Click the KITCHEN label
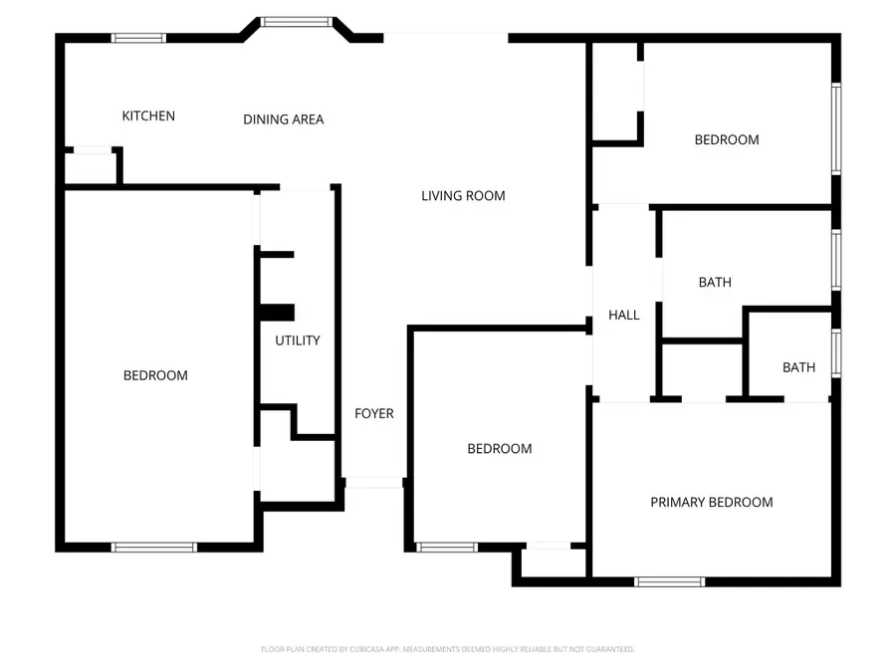coord(148,115)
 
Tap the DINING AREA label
coord(284,119)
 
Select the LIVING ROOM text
coord(463,196)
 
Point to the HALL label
coord(624,315)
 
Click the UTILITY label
coord(298,340)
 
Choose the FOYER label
coord(374,413)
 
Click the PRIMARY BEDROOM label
coord(711,502)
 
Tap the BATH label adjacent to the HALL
coord(715,282)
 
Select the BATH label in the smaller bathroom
coord(798,367)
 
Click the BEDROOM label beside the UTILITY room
coord(155,375)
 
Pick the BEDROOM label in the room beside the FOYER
coord(500,449)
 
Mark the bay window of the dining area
coord(296,21)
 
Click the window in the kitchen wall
coord(137,39)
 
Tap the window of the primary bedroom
coord(669,581)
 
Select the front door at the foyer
coord(374,483)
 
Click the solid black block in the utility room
coord(276,313)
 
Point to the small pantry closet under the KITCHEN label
coord(91,168)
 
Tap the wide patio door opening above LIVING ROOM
coord(445,38)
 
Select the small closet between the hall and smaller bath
coord(702,370)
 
